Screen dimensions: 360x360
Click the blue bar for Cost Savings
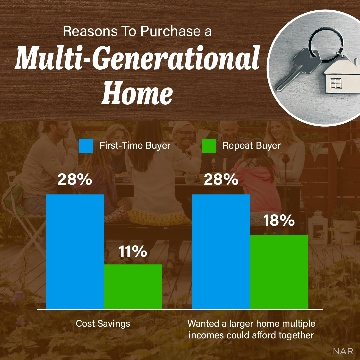coord(75,252)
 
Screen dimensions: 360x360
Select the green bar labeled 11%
coord(133,287)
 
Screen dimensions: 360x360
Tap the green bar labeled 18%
coord(279,272)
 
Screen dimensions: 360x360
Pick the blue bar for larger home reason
coord(221,252)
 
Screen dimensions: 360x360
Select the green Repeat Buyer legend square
coord(209,146)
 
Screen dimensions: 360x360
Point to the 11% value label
coord(133,252)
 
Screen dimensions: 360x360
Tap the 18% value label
coord(279,221)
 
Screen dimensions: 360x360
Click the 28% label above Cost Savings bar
coord(75,180)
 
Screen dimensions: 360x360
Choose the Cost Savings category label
coord(103,324)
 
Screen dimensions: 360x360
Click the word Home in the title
coord(137,90)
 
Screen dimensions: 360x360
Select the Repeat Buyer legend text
coord(251,146)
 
